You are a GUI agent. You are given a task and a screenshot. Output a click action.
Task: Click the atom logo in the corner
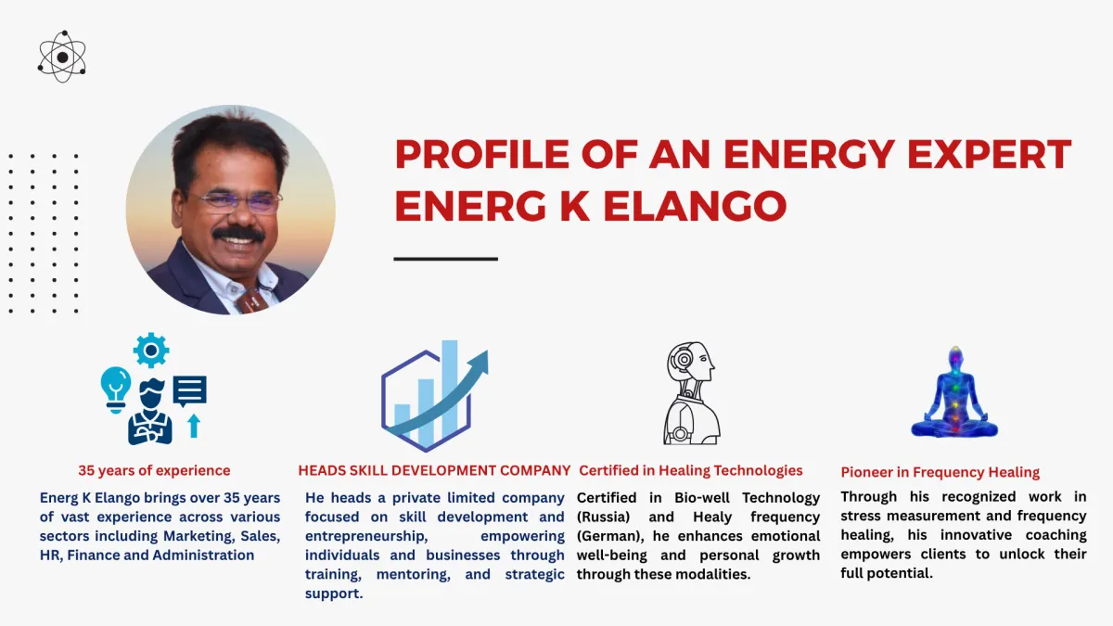click(62, 57)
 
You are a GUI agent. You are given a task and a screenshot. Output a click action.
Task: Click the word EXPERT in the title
click(989, 155)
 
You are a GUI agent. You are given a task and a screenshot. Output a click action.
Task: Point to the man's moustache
click(239, 234)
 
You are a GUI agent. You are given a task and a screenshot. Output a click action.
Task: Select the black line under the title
click(446, 259)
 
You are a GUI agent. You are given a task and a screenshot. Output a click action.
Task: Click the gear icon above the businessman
click(151, 351)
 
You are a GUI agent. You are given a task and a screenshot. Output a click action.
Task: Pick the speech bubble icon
click(189, 391)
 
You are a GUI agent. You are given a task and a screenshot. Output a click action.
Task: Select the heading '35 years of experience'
click(154, 470)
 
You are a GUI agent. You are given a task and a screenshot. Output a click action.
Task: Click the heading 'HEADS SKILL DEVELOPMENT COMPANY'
click(434, 470)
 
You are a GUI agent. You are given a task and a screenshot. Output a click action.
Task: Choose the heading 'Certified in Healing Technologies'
click(691, 470)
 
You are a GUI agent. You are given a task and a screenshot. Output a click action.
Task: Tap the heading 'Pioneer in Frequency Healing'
click(940, 472)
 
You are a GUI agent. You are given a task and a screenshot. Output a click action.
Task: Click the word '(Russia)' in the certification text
click(603, 517)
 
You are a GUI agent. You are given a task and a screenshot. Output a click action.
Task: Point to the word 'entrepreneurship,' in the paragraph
click(366, 537)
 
